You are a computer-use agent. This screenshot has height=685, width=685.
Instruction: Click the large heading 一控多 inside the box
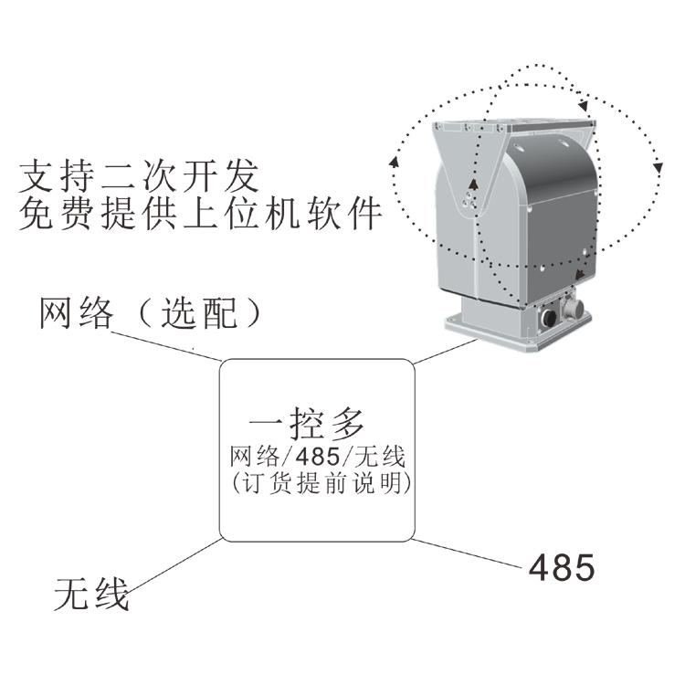[x=308, y=424]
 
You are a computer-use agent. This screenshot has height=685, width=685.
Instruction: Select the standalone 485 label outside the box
[x=562, y=567]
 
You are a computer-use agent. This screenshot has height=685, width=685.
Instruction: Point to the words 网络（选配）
[x=152, y=313]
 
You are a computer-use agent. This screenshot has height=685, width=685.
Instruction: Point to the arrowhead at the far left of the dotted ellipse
[x=394, y=163]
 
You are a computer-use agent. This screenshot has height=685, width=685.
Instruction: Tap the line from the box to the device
[x=444, y=352]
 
